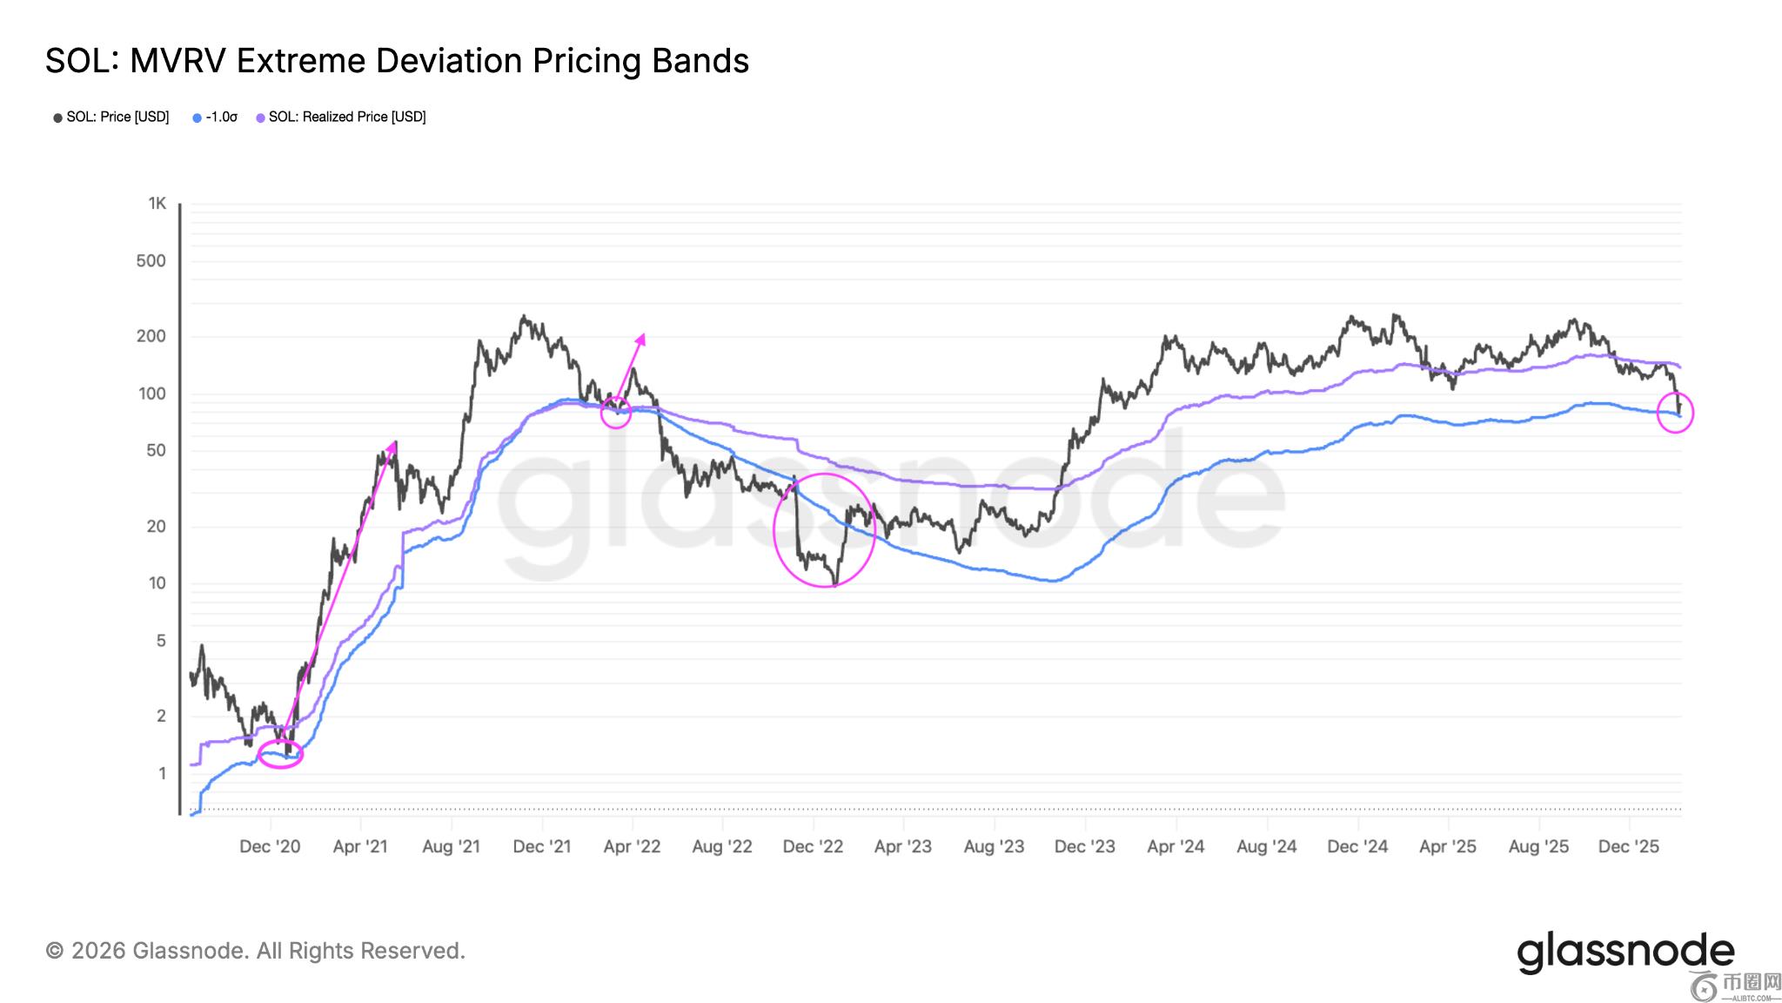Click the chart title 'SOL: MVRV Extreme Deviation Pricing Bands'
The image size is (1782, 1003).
pyautogui.click(x=397, y=62)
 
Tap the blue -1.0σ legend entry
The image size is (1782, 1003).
pyautogui.click(x=215, y=117)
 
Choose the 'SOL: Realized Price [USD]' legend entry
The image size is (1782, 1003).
pyautogui.click(x=341, y=117)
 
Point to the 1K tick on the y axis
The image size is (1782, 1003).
pyautogui.click(x=157, y=204)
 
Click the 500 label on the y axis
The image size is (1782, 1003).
pyautogui.click(x=151, y=261)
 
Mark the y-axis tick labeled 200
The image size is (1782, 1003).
pyautogui.click(x=151, y=336)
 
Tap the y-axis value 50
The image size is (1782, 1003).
pyautogui.click(x=155, y=451)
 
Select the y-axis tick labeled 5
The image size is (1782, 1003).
pyautogui.click(x=160, y=642)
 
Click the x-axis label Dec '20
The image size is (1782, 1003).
pyautogui.click(x=270, y=846)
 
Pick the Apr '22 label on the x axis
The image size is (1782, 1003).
pyautogui.click(x=632, y=846)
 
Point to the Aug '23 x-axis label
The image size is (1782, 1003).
pyautogui.click(x=994, y=846)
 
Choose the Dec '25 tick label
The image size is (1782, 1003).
pyautogui.click(x=1629, y=846)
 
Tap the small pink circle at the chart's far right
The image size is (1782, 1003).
pyautogui.click(x=1675, y=413)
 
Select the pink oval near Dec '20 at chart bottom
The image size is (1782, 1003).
pyautogui.click(x=280, y=754)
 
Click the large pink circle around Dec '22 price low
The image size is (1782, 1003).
pyautogui.click(x=824, y=530)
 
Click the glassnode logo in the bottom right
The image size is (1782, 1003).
pyautogui.click(x=1625, y=953)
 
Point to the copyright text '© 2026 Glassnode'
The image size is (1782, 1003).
pyautogui.click(x=255, y=951)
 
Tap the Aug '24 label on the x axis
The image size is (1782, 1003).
pyautogui.click(x=1266, y=846)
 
